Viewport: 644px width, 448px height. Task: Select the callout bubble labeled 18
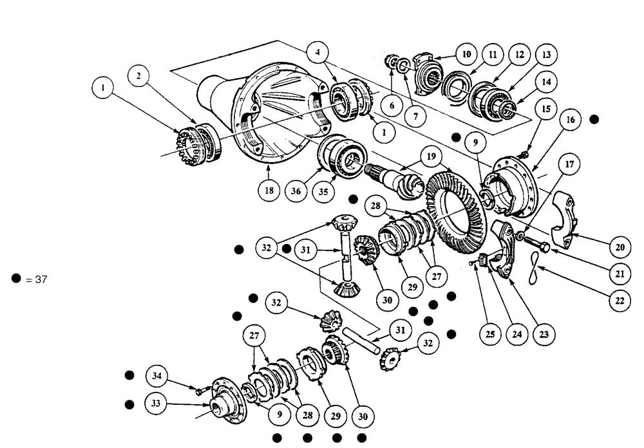[x=269, y=191]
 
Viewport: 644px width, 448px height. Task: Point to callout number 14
[x=546, y=82]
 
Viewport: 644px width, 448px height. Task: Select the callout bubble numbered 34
[x=156, y=375]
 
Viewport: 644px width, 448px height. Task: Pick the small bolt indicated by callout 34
[x=198, y=389]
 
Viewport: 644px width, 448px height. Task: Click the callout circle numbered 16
[x=571, y=120]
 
